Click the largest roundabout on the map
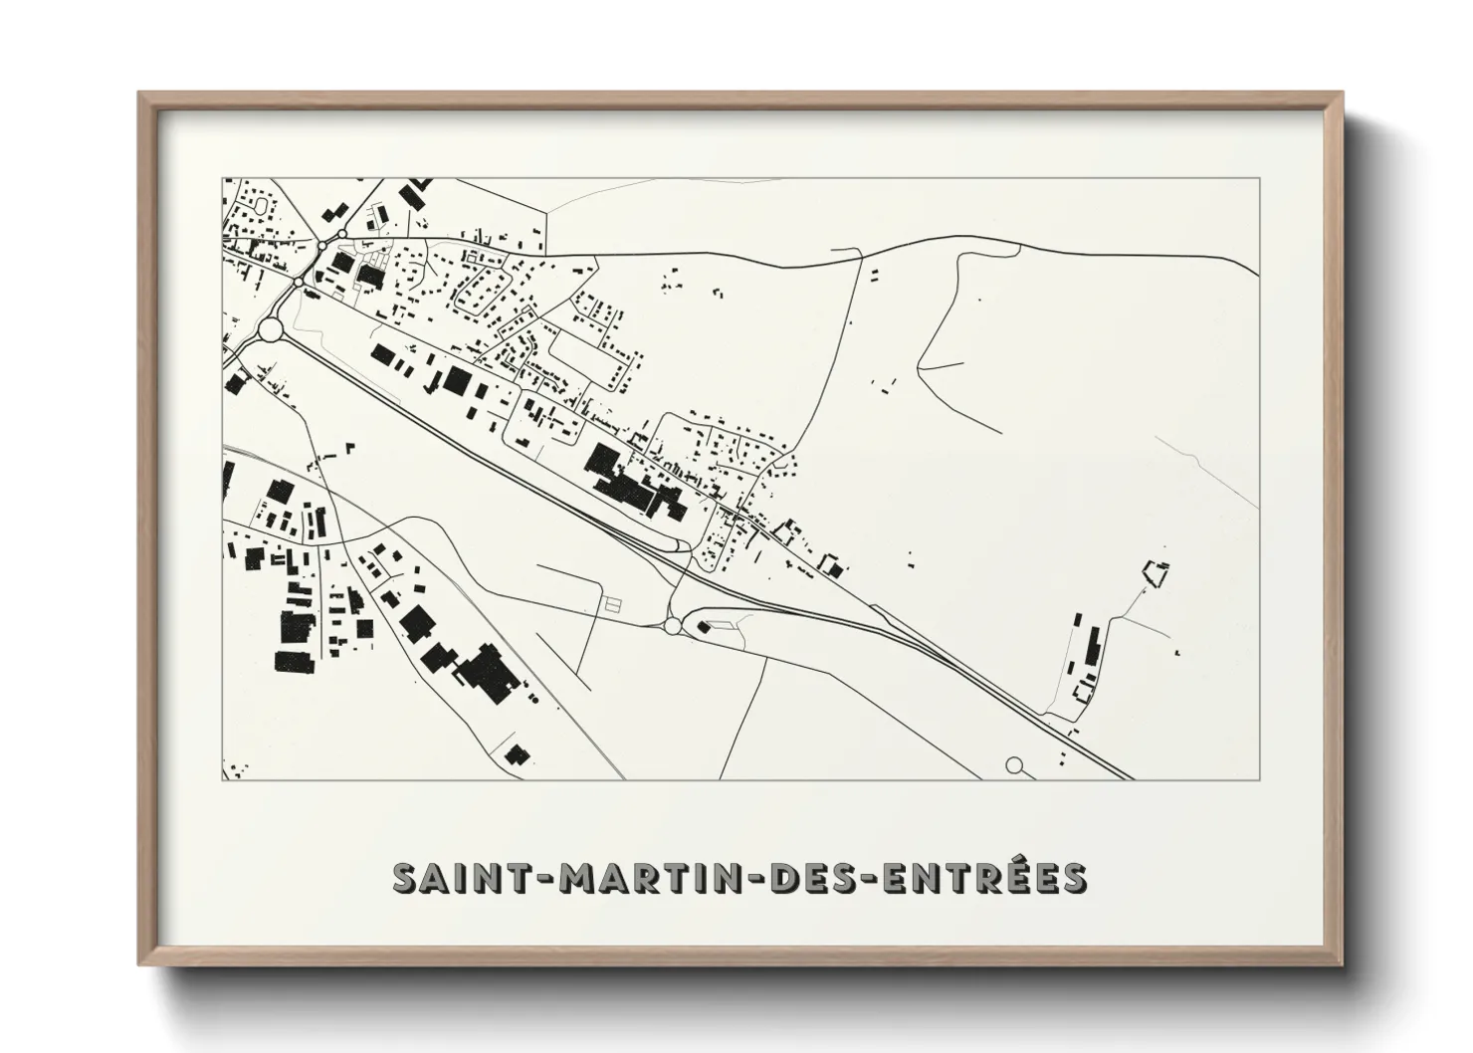[270, 329]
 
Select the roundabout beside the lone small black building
[673, 625]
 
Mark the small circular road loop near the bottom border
[1014, 765]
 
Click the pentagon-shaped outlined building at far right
[1157, 574]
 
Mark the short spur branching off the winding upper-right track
[942, 366]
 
